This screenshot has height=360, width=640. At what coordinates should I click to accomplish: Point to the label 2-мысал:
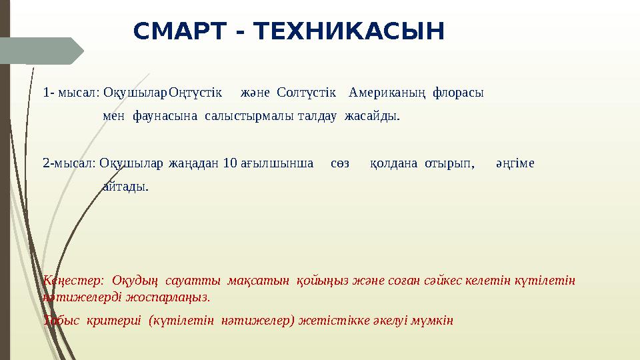coord(70,163)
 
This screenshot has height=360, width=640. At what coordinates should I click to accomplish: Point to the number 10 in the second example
coord(229,163)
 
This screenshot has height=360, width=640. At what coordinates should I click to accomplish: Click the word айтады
coord(125,187)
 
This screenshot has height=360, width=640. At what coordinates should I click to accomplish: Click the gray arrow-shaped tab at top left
coord(40,51)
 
